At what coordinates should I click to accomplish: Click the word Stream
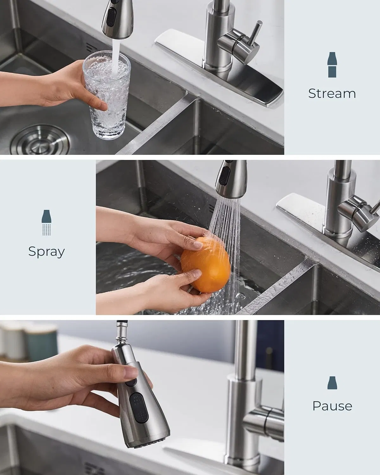pos(332,93)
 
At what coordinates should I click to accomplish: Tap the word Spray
pos(47,251)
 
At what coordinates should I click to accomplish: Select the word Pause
pos(332,406)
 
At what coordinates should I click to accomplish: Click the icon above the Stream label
pos(332,65)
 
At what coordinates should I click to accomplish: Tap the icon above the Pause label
pos(332,383)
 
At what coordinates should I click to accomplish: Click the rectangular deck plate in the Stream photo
pos(222,79)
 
